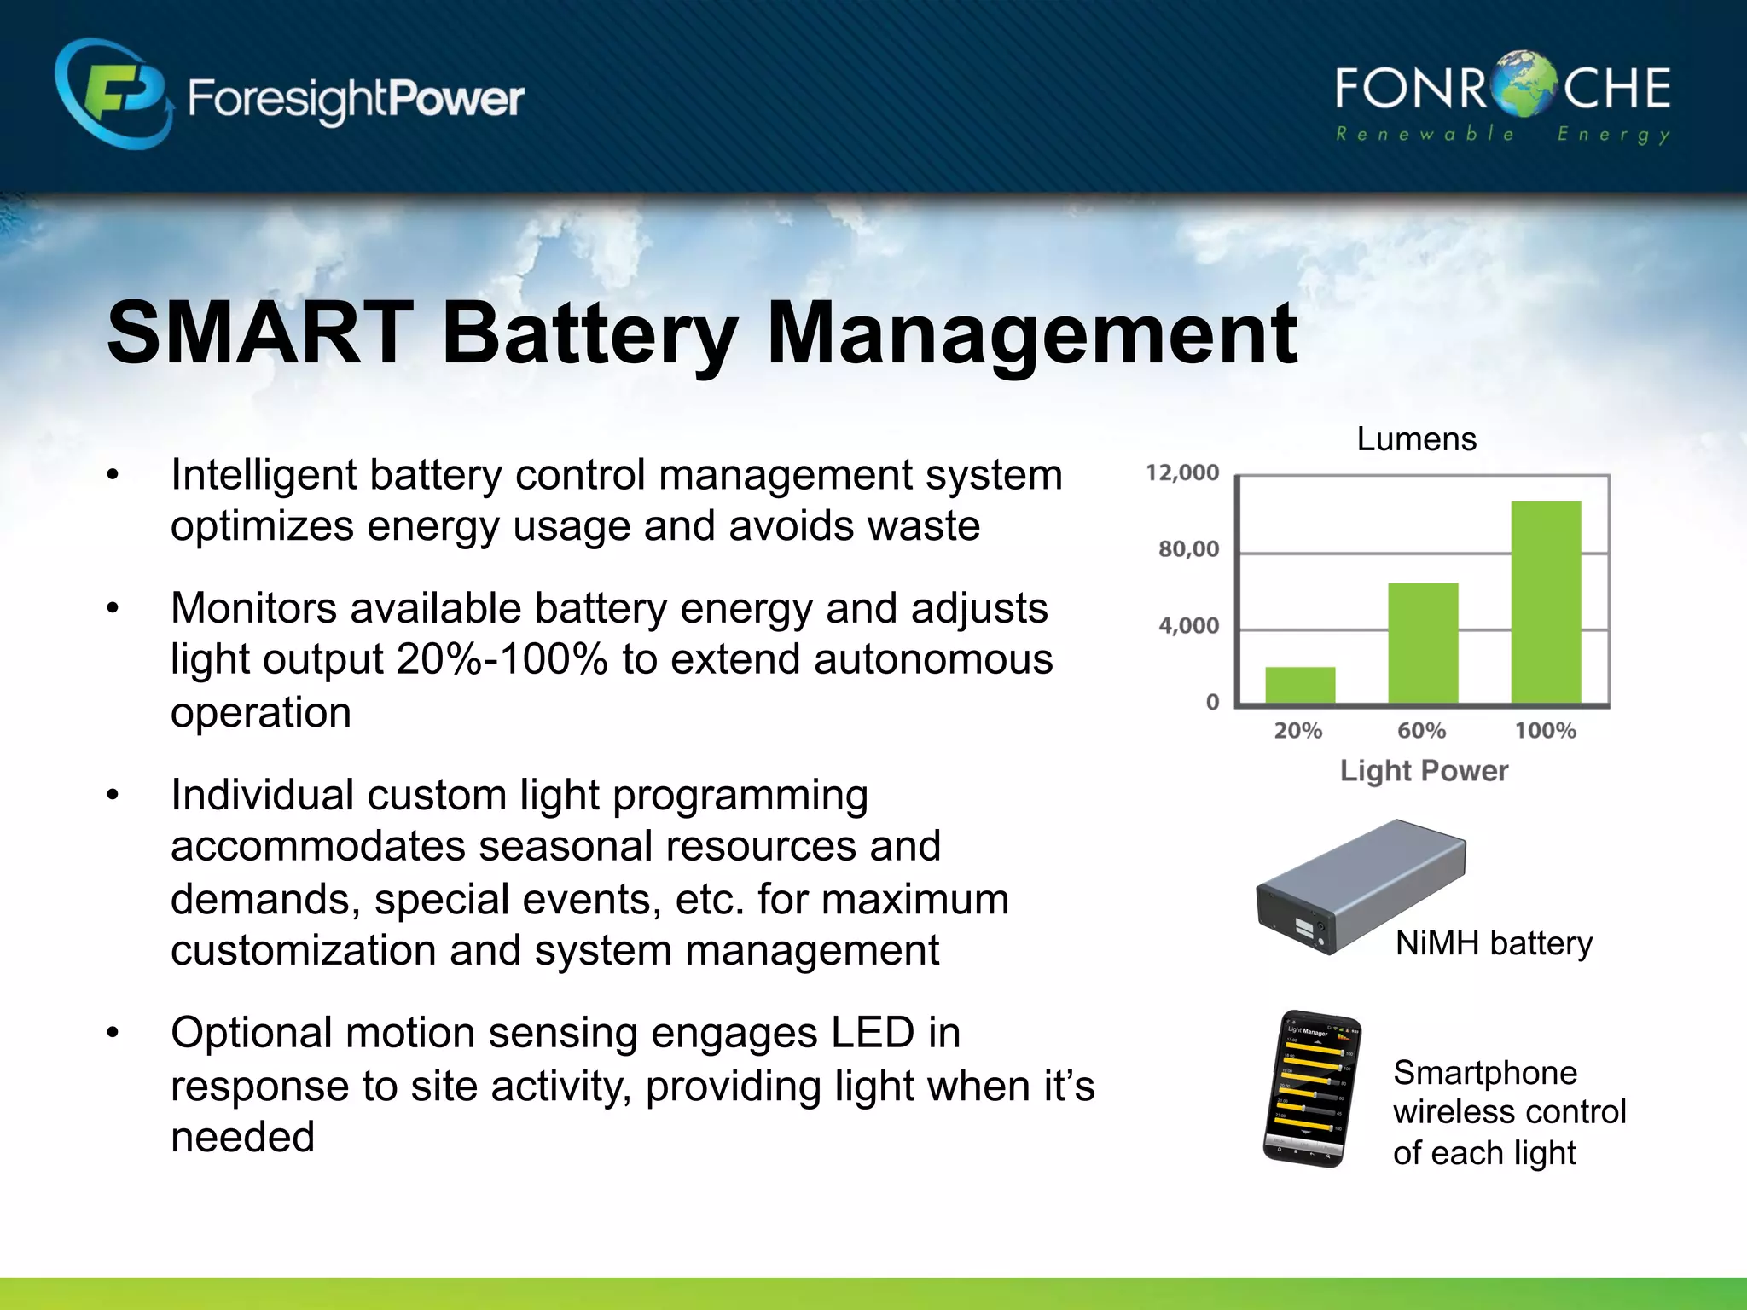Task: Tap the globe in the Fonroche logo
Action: click(1526, 84)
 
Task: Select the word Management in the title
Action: click(1032, 334)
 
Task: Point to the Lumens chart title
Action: click(1416, 439)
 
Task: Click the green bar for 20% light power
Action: click(1300, 686)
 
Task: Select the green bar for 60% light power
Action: click(1423, 644)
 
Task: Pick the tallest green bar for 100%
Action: click(1546, 602)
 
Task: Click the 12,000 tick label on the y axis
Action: click(1182, 473)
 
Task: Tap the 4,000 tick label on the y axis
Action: click(1188, 626)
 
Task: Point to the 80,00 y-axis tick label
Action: click(1188, 549)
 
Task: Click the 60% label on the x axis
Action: click(1421, 731)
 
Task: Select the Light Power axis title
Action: click(1424, 771)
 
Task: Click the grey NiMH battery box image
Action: click(1360, 887)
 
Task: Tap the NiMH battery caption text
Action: click(1494, 943)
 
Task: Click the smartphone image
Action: click(1311, 1089)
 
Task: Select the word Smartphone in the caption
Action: click(1485, 1073)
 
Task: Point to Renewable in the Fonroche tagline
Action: click(1424, 134)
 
